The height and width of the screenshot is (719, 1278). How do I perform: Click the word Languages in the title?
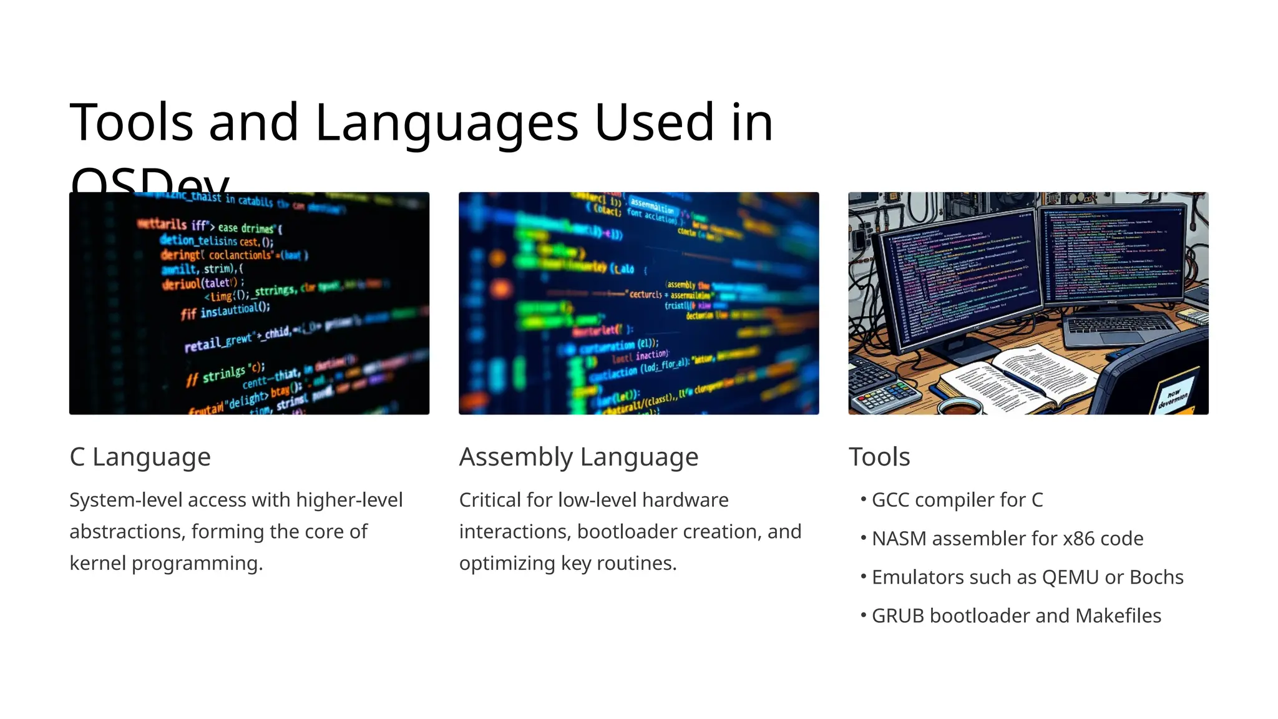(446, 122)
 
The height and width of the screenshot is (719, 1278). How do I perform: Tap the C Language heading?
(140, 457)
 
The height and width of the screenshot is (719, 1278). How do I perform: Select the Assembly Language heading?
(578, 457)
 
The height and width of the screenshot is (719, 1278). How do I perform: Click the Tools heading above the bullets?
(879, 457)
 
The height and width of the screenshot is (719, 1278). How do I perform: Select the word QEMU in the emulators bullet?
(1070, 577)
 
